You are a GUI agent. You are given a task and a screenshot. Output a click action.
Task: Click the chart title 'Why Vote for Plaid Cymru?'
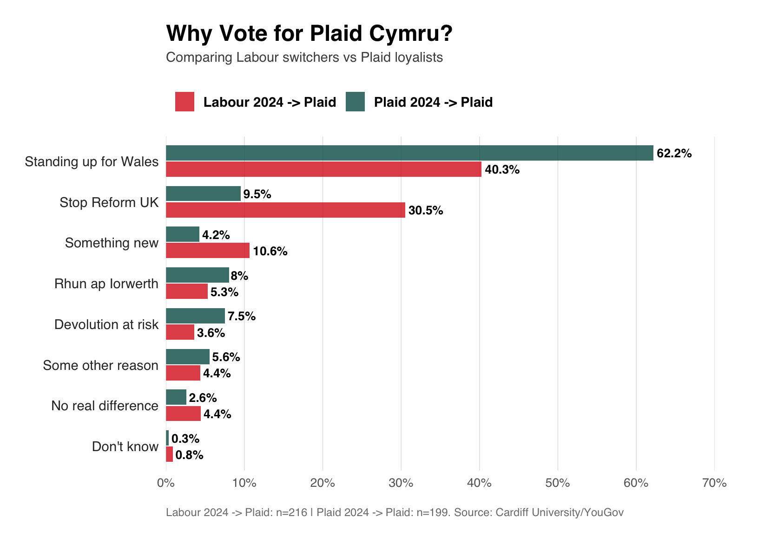(x=309, y=33)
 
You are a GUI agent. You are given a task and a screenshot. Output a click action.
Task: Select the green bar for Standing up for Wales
(x=409, y=153)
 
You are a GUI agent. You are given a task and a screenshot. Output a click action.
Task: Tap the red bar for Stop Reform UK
(x=285, y=210)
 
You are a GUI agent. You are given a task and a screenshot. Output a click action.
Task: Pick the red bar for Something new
(x=207, y=251)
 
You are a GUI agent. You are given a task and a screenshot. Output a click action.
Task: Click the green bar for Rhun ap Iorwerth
(x=197, y=275)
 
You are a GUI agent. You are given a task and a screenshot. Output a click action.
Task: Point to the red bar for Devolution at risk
(x=180, y=332)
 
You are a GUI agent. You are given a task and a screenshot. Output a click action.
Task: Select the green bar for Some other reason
(x=187, y=356)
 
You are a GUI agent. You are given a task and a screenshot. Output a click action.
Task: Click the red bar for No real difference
(x=183, y=414)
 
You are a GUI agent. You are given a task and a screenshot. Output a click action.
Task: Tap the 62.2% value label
(x=674, y=154)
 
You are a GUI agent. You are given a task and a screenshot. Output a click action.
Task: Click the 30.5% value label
(x=426, y=211)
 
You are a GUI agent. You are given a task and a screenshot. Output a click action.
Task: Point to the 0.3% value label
(x=185, y=439)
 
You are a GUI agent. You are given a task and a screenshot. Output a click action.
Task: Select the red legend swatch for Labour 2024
(x=184, y=102)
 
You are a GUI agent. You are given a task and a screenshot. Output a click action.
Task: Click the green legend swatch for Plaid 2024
(x=355, y=102)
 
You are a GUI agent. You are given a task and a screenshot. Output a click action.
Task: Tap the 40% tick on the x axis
(x=479, y=483)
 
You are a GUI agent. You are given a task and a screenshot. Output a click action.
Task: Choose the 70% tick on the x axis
(x=714, y=483)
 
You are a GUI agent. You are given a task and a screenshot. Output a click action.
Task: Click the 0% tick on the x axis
(x=166, y=483)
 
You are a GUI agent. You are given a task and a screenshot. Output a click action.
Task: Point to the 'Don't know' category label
(x=125, y=446)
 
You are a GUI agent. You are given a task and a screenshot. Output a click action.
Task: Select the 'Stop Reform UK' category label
(x=109, y=202)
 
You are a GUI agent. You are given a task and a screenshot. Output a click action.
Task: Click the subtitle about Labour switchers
(x=304, y=58)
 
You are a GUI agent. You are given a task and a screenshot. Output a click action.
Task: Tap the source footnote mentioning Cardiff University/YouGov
(x=395, y=512)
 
